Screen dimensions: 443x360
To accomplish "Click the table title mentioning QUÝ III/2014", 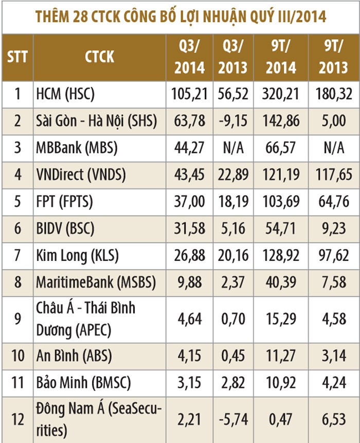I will [x=180, y=16].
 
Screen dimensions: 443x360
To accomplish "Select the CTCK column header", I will [x=99, y=56].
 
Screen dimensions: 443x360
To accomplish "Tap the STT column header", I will [x=17, y=56].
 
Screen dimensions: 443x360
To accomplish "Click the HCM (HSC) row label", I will [x=66, y=94].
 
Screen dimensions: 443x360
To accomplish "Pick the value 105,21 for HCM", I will [x=189, y=94].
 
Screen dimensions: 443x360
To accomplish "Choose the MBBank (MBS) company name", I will [x=77, y=149].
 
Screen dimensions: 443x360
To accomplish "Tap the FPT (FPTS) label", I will [x=64, y=202].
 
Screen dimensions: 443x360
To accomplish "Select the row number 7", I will [x=17, y=256].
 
